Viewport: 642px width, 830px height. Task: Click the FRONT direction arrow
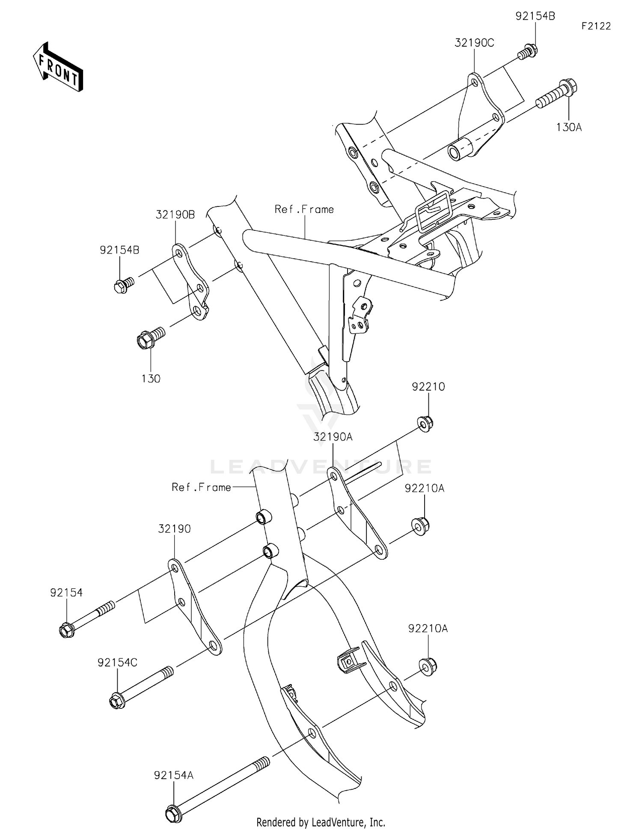coord(58,67)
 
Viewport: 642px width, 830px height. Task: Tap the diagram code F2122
coord(596,26)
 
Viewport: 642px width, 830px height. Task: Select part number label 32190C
coord(474,43)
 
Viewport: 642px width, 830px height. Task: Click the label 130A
coord(569,127)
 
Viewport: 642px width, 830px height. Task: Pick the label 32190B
coord(175,215)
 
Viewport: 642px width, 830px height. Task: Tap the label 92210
coord(428,387)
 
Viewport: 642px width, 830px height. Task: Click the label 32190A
coord(333,437)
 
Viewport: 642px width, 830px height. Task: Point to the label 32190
coord(174,529)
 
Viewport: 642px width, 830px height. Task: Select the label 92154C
coord(117,663)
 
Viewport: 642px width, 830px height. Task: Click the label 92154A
coord(174,775)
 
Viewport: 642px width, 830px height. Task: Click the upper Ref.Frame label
coord(304,209)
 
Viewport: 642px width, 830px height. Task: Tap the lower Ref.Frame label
coord(201,487)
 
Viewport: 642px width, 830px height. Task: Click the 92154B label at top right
coord(535,16)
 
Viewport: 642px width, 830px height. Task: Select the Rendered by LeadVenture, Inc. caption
coord(321,822)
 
